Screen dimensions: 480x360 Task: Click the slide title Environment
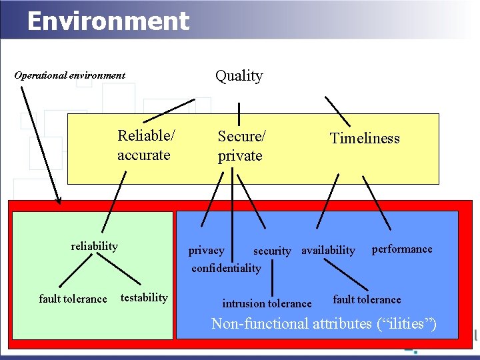(x=108, y=21)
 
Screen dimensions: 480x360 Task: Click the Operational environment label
(x=70, y=75)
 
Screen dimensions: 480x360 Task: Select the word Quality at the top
(x=239, y=76)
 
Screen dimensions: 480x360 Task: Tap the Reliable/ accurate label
(x=146, y=145)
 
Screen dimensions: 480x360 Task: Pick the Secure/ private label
(x=241, y=146)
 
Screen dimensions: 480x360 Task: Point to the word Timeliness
(x=365, y=139)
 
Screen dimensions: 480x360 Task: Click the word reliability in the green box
(x=94, y=246)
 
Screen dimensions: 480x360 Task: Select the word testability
(x=144, y=297)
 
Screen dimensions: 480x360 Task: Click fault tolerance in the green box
(x=73, y=299)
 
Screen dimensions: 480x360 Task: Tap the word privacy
(x=206, y=251)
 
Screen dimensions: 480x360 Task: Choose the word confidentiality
(x=226, y=268)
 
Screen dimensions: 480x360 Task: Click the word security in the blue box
(x=272, y=251)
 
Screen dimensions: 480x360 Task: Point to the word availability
(x=328, y=251)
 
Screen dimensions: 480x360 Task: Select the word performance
(x=401, y=249)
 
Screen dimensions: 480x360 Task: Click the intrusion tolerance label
(x=267, y=303)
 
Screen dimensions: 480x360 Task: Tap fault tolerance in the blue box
(x=367, y=299)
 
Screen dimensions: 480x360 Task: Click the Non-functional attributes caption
(x=324, y=324)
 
